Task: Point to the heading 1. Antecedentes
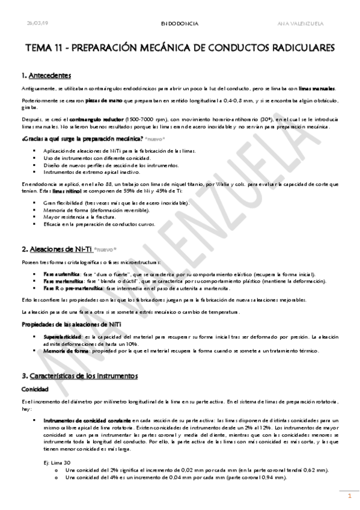tap(46, 76)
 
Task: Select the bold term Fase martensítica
tap(59, 281)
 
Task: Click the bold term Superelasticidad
tap(62, 337)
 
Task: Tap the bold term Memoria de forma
tap(62, 351)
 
